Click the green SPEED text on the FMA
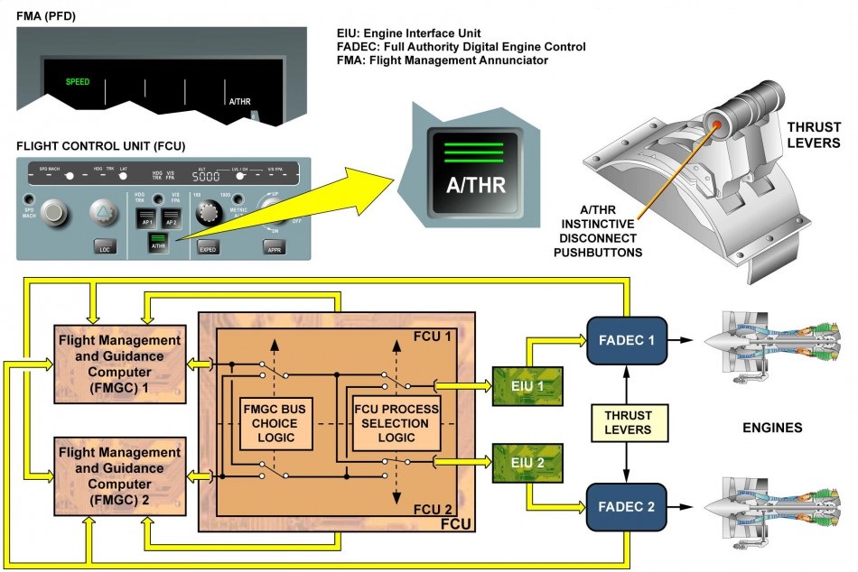pos(78,82)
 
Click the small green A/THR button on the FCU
pos(158,241)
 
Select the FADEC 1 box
pos(626,339)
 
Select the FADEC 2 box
pos(626,506)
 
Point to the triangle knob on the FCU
pos(105,213)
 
